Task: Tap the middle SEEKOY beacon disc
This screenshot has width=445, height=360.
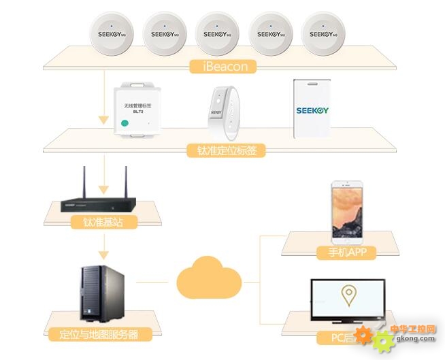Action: (x=217, y=33)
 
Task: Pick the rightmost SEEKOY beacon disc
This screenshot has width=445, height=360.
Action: (x=323, y=33)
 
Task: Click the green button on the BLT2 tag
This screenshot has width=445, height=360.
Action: (x=125, y=124)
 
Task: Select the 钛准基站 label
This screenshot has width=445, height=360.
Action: (x=101, y=222)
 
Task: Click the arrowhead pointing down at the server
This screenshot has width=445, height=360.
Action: (x=103, y=255)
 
